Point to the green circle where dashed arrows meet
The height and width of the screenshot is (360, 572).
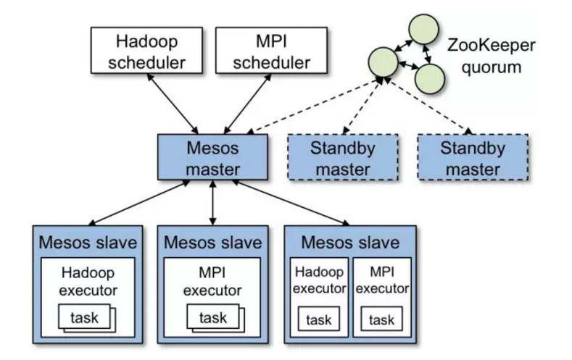click(383, 62)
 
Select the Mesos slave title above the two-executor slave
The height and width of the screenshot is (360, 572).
click(350, 241)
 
